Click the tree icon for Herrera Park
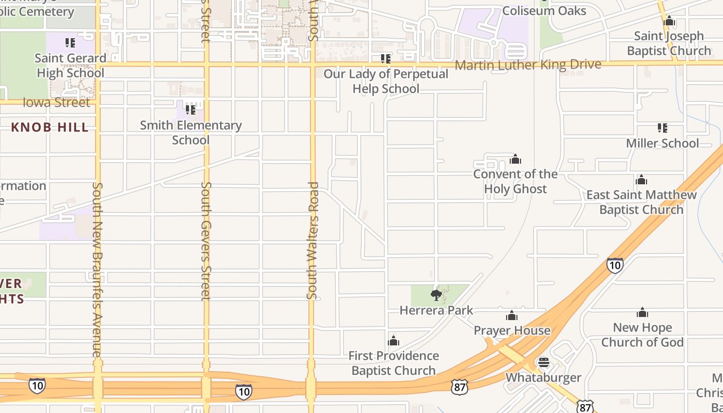click(436, 295)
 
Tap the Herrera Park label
click(436, 310)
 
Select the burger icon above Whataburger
click(543, 362)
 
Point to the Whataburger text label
click(543, 377)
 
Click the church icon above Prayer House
click(512, 315)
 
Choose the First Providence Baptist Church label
click(394, 363)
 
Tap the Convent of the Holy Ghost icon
click(515, 159)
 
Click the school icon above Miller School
click(663, 128)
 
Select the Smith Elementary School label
click(191, 133)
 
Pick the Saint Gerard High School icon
click(70, 43)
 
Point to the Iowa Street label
click(56, 102)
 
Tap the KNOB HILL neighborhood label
click(50, 128)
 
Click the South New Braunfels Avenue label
click(97, 269)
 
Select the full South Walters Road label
click(312, 241)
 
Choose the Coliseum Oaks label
click(544, 11)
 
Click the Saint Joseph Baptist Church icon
click(669, 21)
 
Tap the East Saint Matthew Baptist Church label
click(641, 202)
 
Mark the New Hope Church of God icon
click(642, 312)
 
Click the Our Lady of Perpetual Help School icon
click(385, 59)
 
